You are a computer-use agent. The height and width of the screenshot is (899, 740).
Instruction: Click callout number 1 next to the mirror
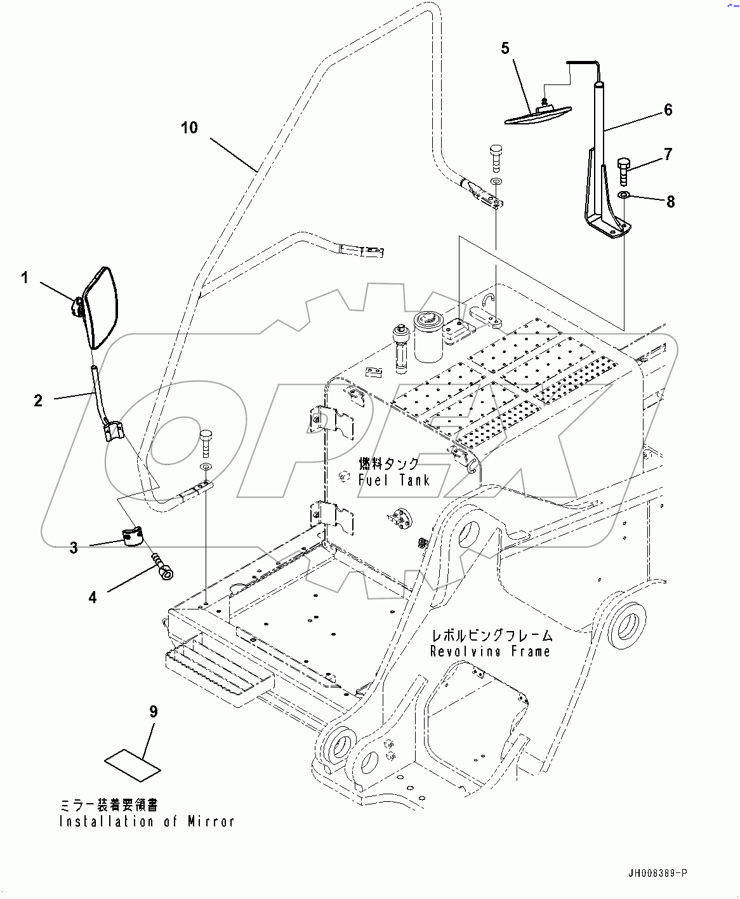click(x=25, y=277)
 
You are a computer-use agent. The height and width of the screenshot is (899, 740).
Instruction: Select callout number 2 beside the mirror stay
click(x=38, y=400)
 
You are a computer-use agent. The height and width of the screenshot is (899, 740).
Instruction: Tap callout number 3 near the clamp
click(x=74, y=547)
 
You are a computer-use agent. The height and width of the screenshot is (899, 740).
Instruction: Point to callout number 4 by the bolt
click(x=93, y=597)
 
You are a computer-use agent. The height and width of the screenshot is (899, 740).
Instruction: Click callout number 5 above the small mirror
click(x=505, y=48)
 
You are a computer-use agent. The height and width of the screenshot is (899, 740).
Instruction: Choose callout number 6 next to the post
click(x=668, y=110)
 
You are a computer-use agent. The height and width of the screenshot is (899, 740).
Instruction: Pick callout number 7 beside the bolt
click(x=668, y=154)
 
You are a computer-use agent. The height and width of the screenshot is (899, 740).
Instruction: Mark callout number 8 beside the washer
click(x=670, y=202)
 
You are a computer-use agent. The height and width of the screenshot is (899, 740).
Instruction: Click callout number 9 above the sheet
click(x=153, y=712)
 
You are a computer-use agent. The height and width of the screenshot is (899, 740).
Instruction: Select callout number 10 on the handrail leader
click(x=189, y=128)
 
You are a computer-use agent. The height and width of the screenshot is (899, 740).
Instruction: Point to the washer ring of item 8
click(x=624, y=194)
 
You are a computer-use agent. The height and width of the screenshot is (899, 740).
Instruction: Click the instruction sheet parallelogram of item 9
click(x=133, y=764)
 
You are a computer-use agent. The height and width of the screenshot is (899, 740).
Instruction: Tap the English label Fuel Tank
click(x=393, y=481)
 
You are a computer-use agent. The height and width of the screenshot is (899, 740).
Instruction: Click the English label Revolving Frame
click(x=490, y=651)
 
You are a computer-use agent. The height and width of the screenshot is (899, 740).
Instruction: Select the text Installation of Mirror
click(x=147, y=822)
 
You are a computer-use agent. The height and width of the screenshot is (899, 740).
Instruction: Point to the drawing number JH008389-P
click(x=657, y=874)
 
